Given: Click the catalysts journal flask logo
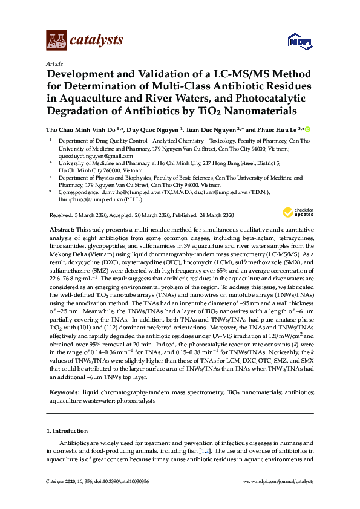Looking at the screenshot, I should pyautogui.click(x=56, y=41).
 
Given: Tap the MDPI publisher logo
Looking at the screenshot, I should pyautogui.click(x=302, y=41).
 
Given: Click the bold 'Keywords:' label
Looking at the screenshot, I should pyautogui.click(x=62, y=392).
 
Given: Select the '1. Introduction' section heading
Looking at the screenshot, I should pyautogui.click(x=67, y=431).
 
